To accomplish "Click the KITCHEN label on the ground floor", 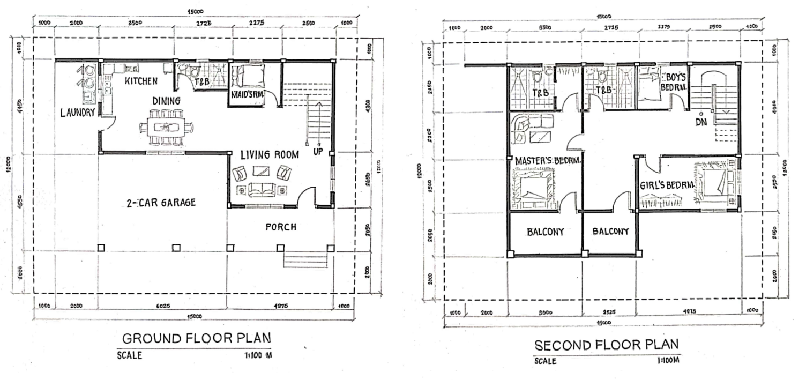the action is pyautogui.click(x=141, y=81).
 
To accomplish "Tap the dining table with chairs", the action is pyautogui.click(x=167, y=127).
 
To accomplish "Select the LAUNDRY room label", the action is pyautogui.click(x=78, y=113).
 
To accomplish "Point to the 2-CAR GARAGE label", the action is pyautogui.click(x=161, y=203).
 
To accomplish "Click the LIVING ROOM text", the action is pyautogui.click(x=269, y=155).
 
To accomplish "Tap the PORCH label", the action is pyautogui.click(x=281, y=227).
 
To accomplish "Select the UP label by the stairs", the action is pyautogui.click(x=317, y=152).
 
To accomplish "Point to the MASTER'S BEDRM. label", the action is pyautogui.click(x=548, y=160).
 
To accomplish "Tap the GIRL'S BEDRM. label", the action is pyautogui.click(x=667, y=185).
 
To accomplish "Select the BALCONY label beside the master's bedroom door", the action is pyautogui.click(x=546, y=232).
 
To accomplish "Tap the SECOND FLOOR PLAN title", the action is pyautogui.click(x=607, y=345).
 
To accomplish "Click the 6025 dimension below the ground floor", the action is pyautogui.click(x=162, y=306).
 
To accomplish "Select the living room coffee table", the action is pyautogui.click(x=262, y=172).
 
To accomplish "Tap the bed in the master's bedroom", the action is pyautogui.click(x=532, y=188).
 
